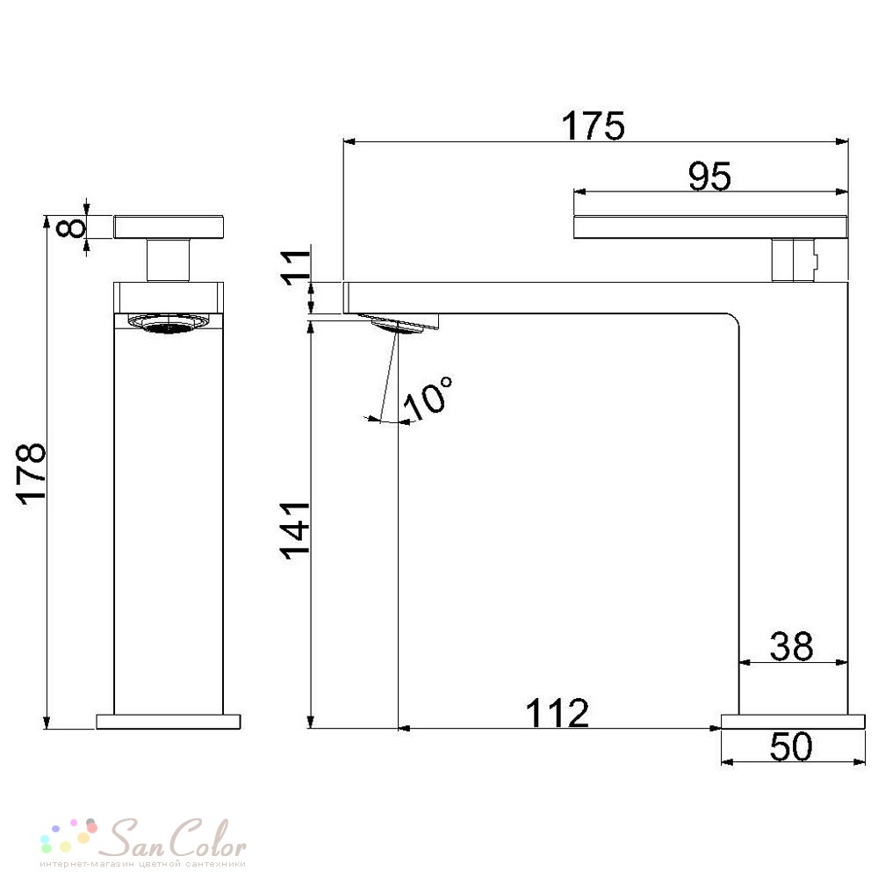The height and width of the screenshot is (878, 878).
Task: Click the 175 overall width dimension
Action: pos(593,126)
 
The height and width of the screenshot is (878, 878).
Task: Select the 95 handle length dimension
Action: pos(709,176)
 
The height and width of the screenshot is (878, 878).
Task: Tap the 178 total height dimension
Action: pos(32,474)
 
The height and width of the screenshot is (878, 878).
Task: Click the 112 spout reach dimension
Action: pos(558,713)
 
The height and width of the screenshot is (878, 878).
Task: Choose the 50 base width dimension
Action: pos(791,746)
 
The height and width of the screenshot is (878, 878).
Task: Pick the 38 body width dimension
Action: pos(791,646)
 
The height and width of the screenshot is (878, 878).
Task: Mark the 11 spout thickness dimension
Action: pos(295,268)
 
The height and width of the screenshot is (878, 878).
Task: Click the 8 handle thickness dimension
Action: pos(72,228)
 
